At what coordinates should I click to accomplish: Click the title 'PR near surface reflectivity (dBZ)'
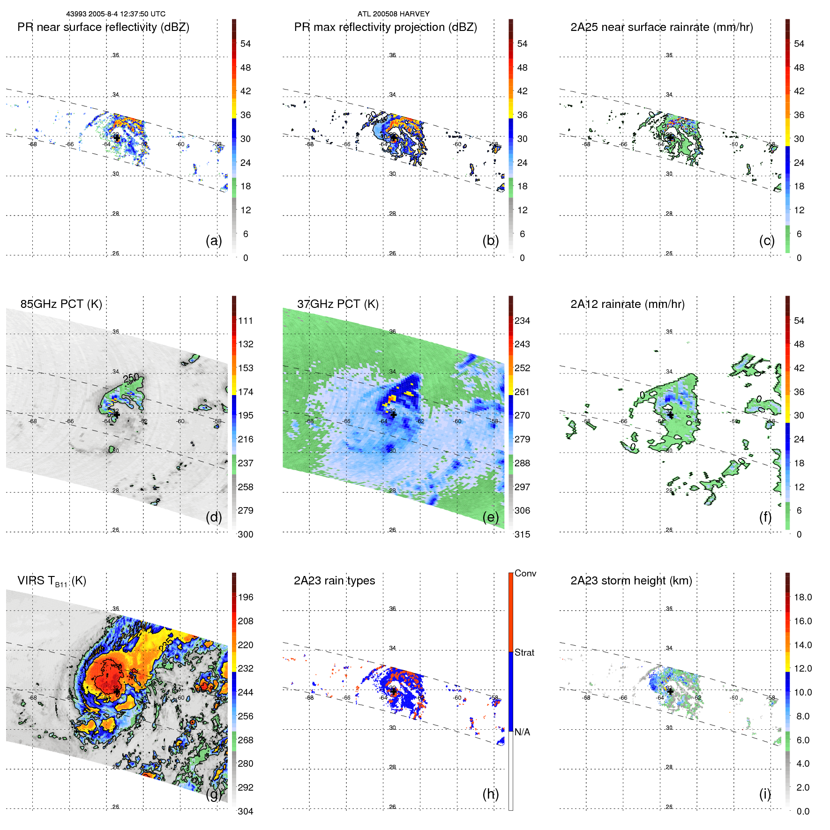pyautogui.click(x=103, y=27)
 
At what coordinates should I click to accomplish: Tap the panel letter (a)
pyautogui.click(x=214, y=240)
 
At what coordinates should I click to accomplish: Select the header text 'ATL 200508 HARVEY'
pyautogui.click(x=393, y=14)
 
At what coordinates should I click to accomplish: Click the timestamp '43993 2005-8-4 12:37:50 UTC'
pyautogui.click(x=116, y=14)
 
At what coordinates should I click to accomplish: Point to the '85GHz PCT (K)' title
pyautogui.click(x=61, y=304)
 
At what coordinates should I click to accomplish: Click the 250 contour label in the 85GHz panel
pyautogui.click(x=131, y=378)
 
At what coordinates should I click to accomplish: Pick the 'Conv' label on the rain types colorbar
pyautogui.click(x=525, y=573)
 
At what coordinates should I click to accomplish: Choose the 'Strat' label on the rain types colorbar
pyautogui.click(x=524, y=652)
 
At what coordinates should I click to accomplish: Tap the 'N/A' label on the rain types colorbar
pyautogui.click(x=522, y=732)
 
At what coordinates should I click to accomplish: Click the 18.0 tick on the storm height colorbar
pyautogui.click(x=803, y=597)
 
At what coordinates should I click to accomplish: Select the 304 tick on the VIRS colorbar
pyautogui.click(x=245, y=811)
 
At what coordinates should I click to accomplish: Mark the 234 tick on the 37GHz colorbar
pyautogui.click(x=522, y=321)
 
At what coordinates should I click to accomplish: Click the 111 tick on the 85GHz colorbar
pyautogui.click(x=245, y=321)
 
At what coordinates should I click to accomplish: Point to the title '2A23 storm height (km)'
pyautogui.click(x=631, y=581)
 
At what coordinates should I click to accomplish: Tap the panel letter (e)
pyautogui.click(x=491, y=517)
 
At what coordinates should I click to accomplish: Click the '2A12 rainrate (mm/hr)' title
pyautogui.click(x=627, y=304)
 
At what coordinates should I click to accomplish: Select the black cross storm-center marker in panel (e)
pyautogui.click(x=393, y=414)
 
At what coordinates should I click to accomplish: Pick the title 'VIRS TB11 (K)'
pyautogui.click(x=52, y=581)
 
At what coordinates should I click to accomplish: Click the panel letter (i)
pyautogui.click(x=765, y=794)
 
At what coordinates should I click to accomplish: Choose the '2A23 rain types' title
pyautogui.click(x=334, y=581)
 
